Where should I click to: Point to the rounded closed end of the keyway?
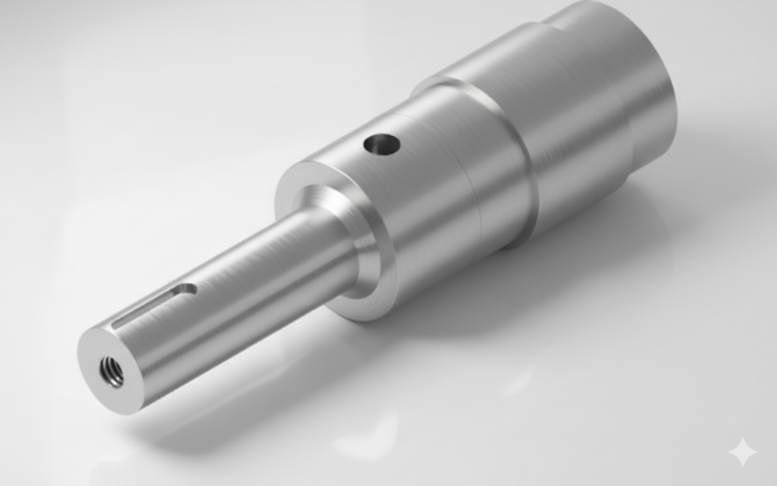point(187,289)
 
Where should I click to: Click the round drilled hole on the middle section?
point(382,143)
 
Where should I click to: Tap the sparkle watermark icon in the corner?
point(742,452)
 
